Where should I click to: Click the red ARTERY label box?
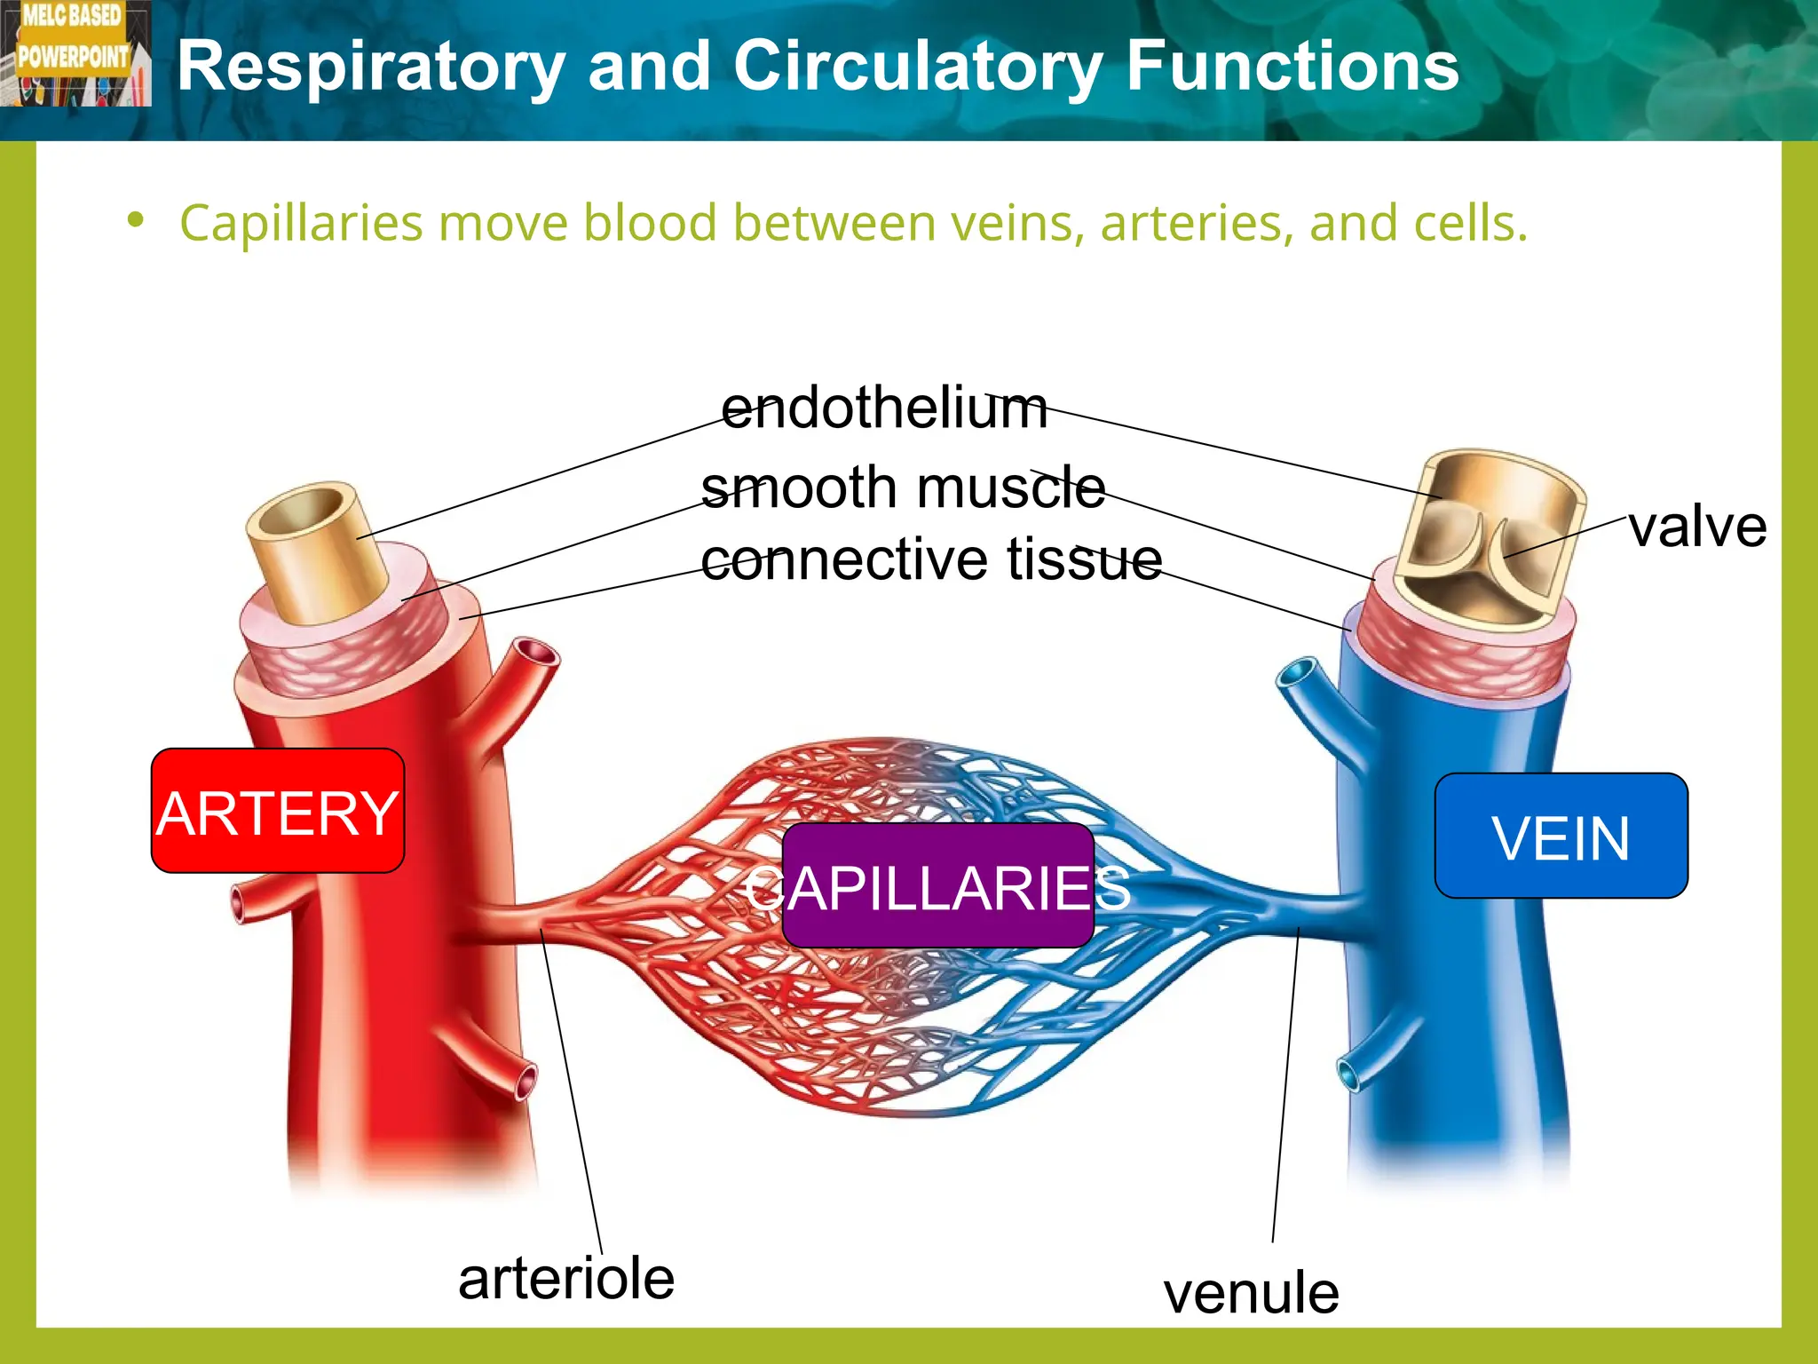pyautogui.click(x=278, y=811)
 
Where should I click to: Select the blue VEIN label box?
pyautogui.click(x=1561, y=836)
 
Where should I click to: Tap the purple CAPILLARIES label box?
pyautogui.click(x=937, y=885)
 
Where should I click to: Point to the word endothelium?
pyautogui.click(x=884, y=408)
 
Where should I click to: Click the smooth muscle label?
pyautogui.click(x=903, y=488)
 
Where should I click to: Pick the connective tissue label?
pyautogui.click(x=931, y=559)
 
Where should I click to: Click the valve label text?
pyautogui.click(x=1697, y=527)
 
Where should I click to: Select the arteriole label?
pyautogui.click(x=566, y=1279)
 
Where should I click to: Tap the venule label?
pyautogui.click(x=1251, y=1293)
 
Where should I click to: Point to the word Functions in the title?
pyautogui.click(x=1292, y=67)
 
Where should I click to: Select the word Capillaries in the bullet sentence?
pyautogui.click(x=301, y=223)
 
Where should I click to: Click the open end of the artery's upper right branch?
pyautogui.click(x=536, y=654)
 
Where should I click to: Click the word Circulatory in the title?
pyautogui.click(x=918, y=67)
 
